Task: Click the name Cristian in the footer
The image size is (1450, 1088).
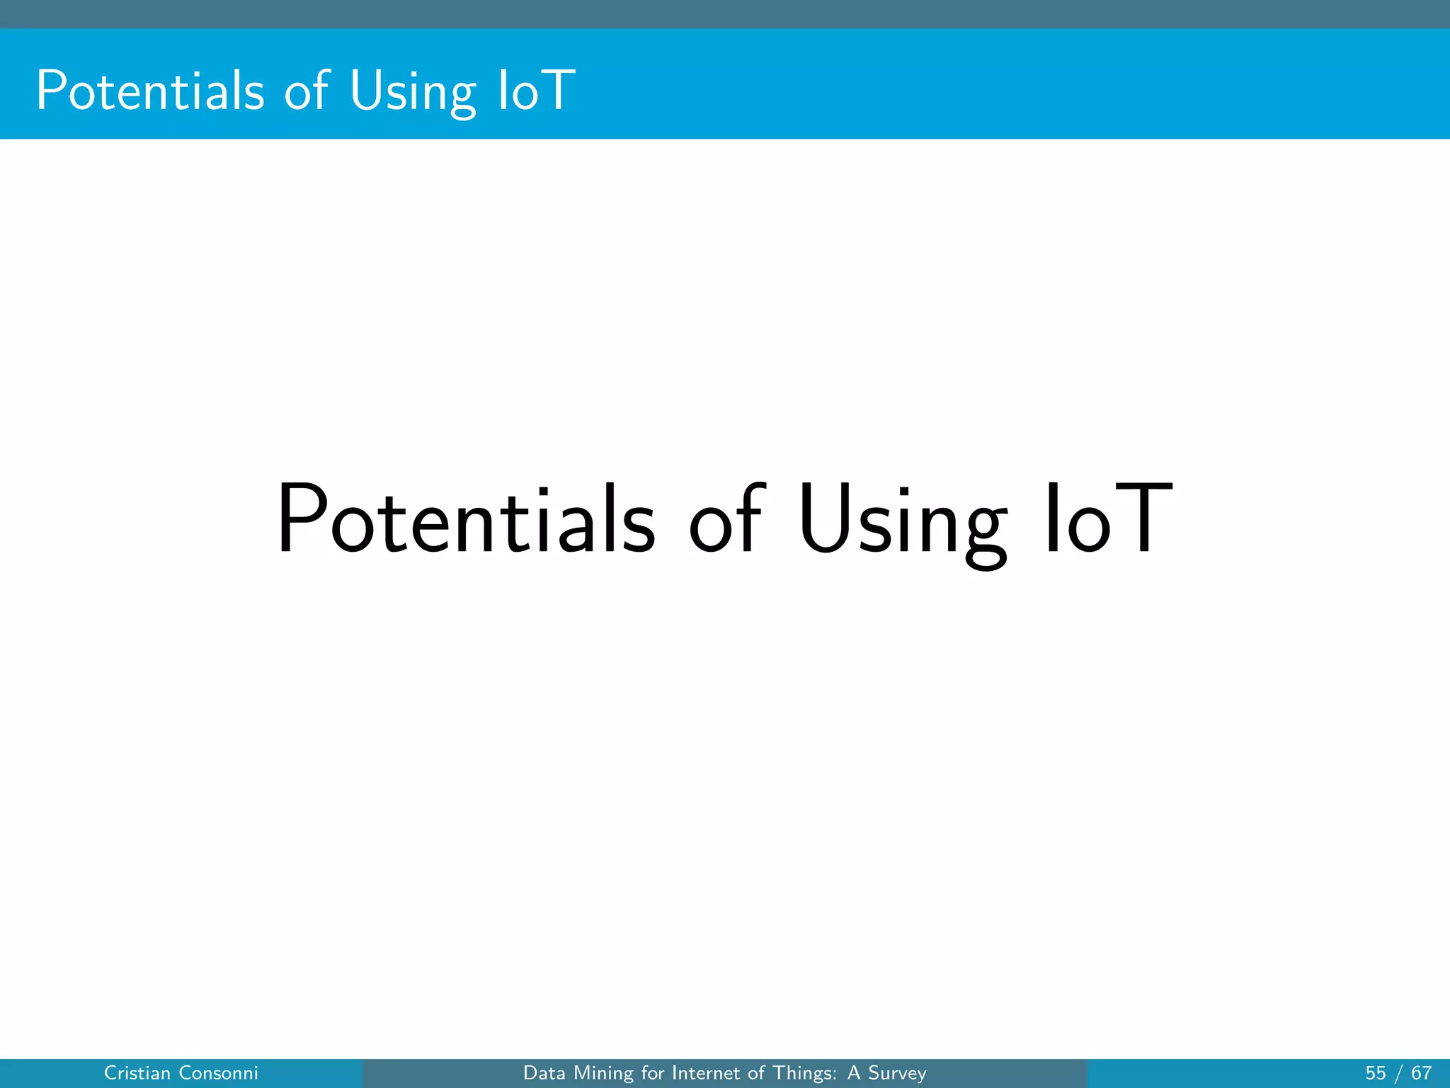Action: (x=137, y=1073)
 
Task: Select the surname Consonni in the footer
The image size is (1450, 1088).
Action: (x=219, y=1073)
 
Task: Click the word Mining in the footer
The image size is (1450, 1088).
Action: (x=604, y=1074)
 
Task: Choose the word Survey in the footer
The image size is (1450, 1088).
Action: (x=897, y=1074)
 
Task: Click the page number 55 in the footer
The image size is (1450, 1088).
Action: (x=1376, y=1073)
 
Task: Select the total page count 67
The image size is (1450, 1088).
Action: (x=1421, y=1073)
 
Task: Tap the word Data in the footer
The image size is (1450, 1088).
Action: (x=544, y=1073)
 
